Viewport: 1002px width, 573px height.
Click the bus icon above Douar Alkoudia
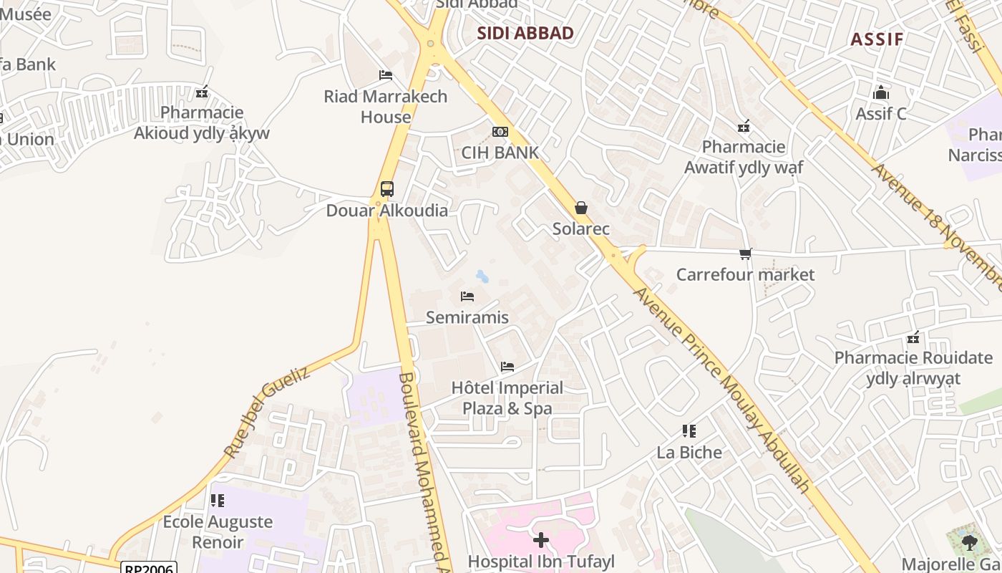click(386, 189)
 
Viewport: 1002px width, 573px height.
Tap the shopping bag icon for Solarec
click(580, 208)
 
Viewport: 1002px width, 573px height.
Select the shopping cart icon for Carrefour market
click(745, 254)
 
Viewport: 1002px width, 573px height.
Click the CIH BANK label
click(500, 153)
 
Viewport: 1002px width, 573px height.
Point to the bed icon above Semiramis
click(467, 296)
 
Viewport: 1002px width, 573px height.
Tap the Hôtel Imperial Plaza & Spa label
click(507, 398)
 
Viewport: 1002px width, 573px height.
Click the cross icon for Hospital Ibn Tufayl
click(541, 539)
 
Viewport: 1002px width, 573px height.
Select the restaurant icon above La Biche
click(689, 431)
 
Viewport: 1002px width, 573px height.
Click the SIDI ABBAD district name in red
click(525, 34)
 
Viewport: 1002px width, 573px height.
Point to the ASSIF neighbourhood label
click(877, 39)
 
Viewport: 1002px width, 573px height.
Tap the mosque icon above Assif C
click(880, 92)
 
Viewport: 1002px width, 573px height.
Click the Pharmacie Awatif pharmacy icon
click(744, 127)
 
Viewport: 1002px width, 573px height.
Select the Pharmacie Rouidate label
click(913, 367)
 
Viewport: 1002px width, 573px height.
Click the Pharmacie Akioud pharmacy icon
click(202, 92)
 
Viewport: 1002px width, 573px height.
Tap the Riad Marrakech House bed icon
click(386, 75)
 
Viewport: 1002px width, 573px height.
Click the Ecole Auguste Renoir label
click(218, 531)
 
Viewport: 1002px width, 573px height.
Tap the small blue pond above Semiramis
click(483, 276)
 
